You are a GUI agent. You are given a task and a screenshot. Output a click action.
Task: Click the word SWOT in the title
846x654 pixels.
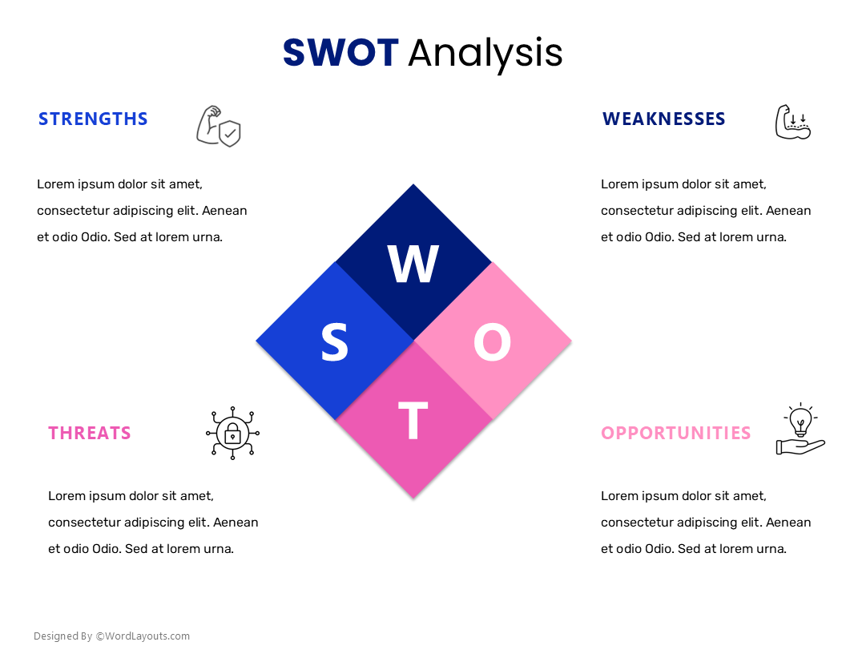pyautogui.click(x=340, y=53)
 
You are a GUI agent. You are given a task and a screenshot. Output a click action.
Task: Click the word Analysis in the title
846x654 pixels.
pyautogui.click(x=485, y=53)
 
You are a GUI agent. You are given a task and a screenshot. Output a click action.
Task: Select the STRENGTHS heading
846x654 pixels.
pyautogui.click(x=93, y=119)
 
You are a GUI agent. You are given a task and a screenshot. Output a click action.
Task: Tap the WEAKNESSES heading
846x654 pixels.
pyautogui.click(x=663, y=119)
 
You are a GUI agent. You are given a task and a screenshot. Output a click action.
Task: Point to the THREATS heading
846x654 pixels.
pyautogui.click(x=89, y=434)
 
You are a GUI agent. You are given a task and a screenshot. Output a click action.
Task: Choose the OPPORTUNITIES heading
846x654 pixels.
pyautogui.click(x=675, y=434)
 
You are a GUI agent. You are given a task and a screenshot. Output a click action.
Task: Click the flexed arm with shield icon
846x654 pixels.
pyautogui.click(x=218, y=127)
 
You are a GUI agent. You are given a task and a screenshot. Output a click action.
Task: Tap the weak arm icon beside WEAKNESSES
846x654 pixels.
pyautogui.click(x=792, y=123)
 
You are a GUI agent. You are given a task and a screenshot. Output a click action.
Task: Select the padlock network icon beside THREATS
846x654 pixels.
pyautogui.click(x=232, y=433)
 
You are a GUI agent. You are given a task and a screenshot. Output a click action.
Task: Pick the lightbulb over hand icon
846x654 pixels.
pyautogui.click(x=800, y=430)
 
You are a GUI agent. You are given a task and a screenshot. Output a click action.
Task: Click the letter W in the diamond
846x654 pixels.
pyautogui.click(x=413, y=264)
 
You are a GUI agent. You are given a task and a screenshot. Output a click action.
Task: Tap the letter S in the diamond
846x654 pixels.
pyautogui.click(x=335, y=343)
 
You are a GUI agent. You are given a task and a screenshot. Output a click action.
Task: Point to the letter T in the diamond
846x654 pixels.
pyautogui.click(x=413, y=421)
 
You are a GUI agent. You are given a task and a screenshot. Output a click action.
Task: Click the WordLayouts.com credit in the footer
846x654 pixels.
pyautogui.click(x=143, y=636)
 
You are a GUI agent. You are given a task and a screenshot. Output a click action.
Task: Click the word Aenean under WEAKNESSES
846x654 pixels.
pyautogui.click(x=788, y=211)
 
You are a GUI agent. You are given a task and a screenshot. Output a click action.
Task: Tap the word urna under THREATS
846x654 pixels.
pyautogui.click(x=219, y=549)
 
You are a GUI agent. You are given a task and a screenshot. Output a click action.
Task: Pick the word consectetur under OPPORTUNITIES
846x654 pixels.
pyautogui.click(x=639, y=523)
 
